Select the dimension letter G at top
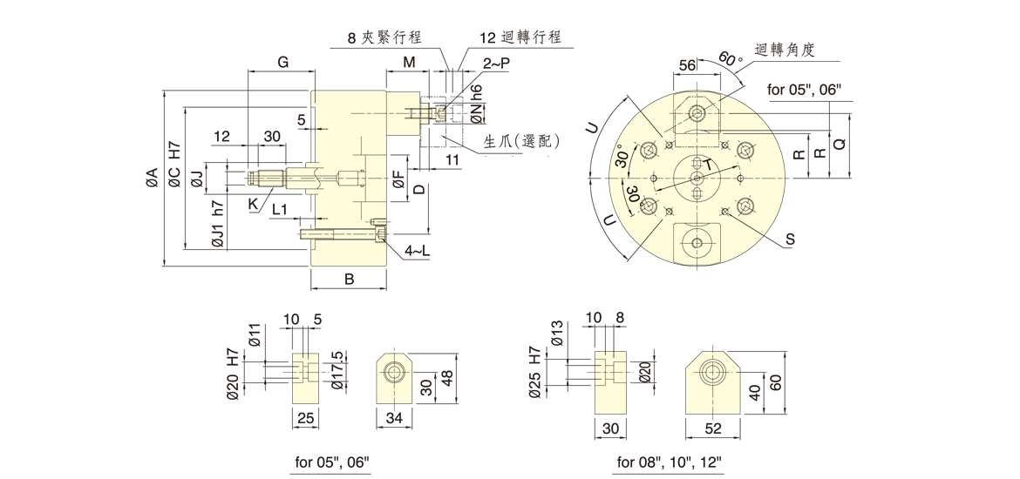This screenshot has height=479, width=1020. point(282,62)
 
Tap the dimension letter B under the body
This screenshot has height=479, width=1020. point(349,280)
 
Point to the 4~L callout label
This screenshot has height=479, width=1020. point(417,251)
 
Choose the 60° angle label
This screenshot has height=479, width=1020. point(729,61)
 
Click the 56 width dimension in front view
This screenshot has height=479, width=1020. point(687,65)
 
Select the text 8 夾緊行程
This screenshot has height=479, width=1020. point(384,37)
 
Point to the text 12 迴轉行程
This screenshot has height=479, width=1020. point(520,37)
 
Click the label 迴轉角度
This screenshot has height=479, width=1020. point(784,51)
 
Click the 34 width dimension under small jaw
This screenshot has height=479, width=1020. point(393,420)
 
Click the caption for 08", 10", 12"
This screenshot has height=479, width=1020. point(670,462)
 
